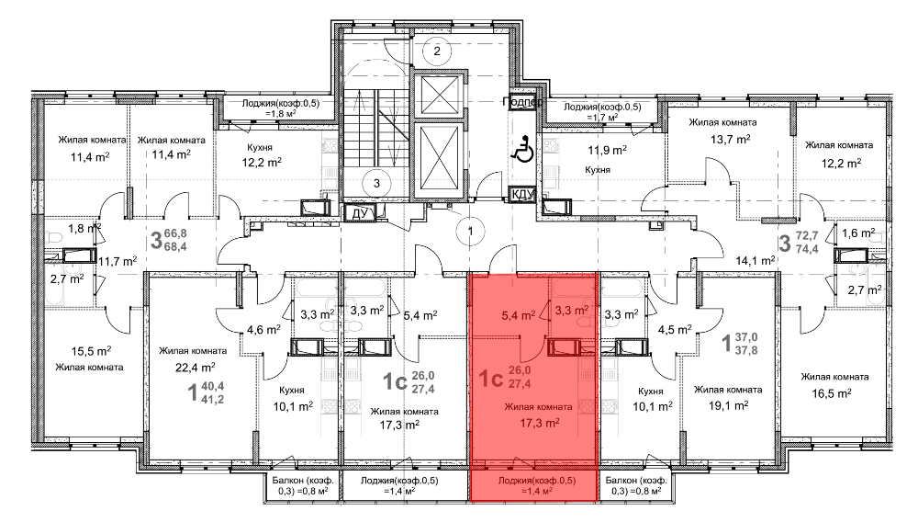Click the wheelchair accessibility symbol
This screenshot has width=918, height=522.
click(x=522, y=148)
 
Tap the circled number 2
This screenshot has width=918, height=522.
click(x=437, y=51)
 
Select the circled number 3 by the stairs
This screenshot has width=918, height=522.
click(x=376, y=184)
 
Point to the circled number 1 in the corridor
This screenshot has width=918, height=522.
click(x=470, y=231)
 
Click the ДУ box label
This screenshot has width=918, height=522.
click(x=359, y=213)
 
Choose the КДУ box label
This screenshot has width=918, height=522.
click(x=523, y=194)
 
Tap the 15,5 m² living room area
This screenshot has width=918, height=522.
click(x=91, y=351)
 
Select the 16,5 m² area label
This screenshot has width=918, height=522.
click(x=832, y=393)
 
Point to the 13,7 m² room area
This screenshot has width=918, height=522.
click(x=731, y=140)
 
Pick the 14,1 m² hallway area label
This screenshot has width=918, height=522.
click(x=756, y=261)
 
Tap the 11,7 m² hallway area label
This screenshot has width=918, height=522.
click(x=118, y=261)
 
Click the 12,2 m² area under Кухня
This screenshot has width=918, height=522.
click(x=262, y=163)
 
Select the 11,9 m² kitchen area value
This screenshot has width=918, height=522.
click(x=607, y=151)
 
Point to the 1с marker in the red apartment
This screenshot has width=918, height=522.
click(x=490, y=379)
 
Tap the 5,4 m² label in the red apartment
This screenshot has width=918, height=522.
click(x=518, y=316)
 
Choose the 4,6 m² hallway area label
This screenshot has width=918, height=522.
click(x=263, y=330)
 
